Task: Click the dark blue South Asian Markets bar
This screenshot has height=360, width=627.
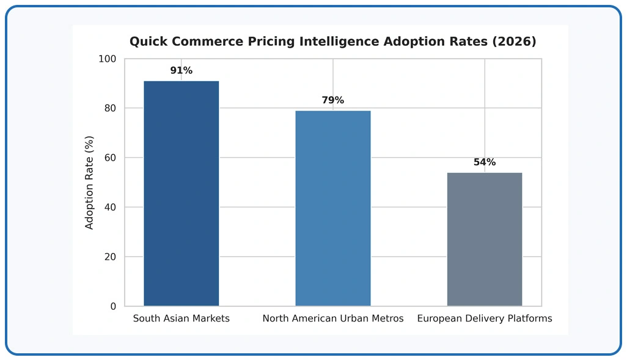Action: click(181, 194)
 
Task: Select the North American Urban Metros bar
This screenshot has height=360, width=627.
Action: click(332, 208)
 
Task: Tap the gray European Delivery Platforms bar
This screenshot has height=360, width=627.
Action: click(484, 239)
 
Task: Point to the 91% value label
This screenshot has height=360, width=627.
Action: click(181, 70)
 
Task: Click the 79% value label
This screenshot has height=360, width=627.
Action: click(332, 100)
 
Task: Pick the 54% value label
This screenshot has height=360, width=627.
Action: click(485, 162)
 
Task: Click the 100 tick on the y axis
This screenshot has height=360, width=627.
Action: click(107, 59)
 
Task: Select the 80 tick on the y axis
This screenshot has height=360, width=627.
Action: click(110, 108)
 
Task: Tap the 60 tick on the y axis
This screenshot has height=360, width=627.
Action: click(110, 158)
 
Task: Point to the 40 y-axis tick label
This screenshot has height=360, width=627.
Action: click(110, 207)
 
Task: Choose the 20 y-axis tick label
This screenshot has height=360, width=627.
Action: click(110, 257)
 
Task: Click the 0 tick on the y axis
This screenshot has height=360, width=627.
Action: click(113, 306)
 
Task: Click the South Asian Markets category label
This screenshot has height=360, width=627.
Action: click(181, 318)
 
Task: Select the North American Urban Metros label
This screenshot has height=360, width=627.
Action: click(332, 318)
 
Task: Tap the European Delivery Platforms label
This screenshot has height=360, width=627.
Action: click(484, 318)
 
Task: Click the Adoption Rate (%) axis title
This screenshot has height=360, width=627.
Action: click(89, 182)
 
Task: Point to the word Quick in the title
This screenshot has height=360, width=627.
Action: click(147, 41)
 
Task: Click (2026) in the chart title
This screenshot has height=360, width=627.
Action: click(514, 41)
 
